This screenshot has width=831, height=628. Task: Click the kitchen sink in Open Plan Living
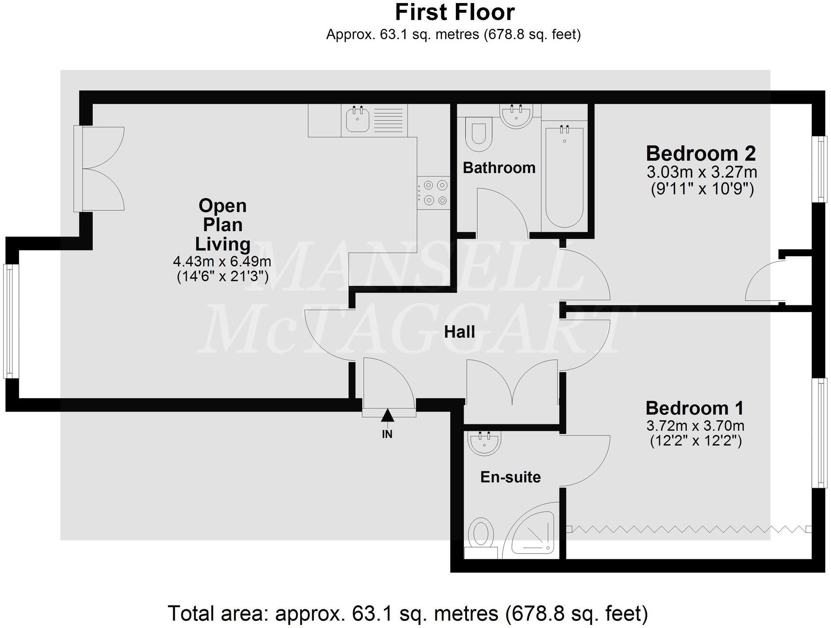[x=357, y=119]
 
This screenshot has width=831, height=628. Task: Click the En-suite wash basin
[x=484, y=442]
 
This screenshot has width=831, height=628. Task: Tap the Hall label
[x=459, y=332]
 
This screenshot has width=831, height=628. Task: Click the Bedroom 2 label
[x=700, y=154]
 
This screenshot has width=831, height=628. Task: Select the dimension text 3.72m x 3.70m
[x=695, y=426]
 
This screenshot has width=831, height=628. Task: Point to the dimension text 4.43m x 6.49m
[x=222, y=261]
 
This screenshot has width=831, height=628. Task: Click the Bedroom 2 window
[x=821, y=169]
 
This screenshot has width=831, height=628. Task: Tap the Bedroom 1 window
[x=820, y=433]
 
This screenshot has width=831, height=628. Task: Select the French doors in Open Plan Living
[x=99, y=169]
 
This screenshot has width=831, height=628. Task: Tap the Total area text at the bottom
[x=408, y=614]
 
